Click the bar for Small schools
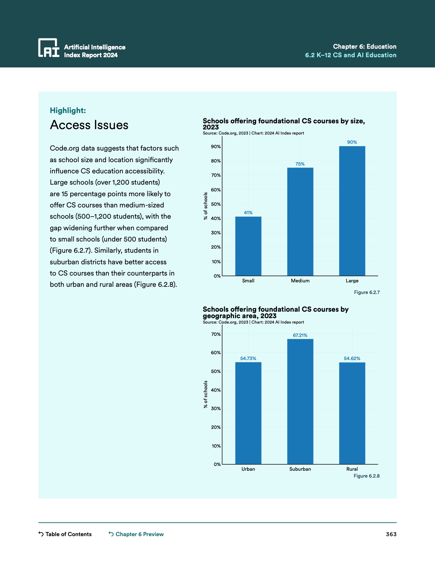(248, 246)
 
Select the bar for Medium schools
(300, 221)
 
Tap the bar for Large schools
(352, 211)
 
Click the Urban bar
(248, 413)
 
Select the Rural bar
(352, 413)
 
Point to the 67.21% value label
(300, 335)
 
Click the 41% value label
(248, 213)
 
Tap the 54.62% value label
(352, 358)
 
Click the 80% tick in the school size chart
(216, 161)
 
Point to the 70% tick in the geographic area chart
(216, 334)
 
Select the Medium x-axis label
(300, 281)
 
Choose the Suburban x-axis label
(300, 469)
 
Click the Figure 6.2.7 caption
(367, 292)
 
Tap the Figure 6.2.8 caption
(366, 476)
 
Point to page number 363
(391, 534)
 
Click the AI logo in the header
(48, 48)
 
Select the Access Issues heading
(89, 125)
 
